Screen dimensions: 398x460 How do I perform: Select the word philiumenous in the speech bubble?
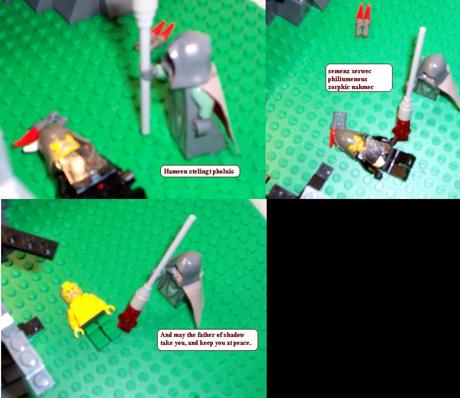(347, 79)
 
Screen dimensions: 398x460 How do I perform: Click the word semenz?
(338, 71)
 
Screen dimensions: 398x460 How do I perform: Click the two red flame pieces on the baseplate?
(363, 19)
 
